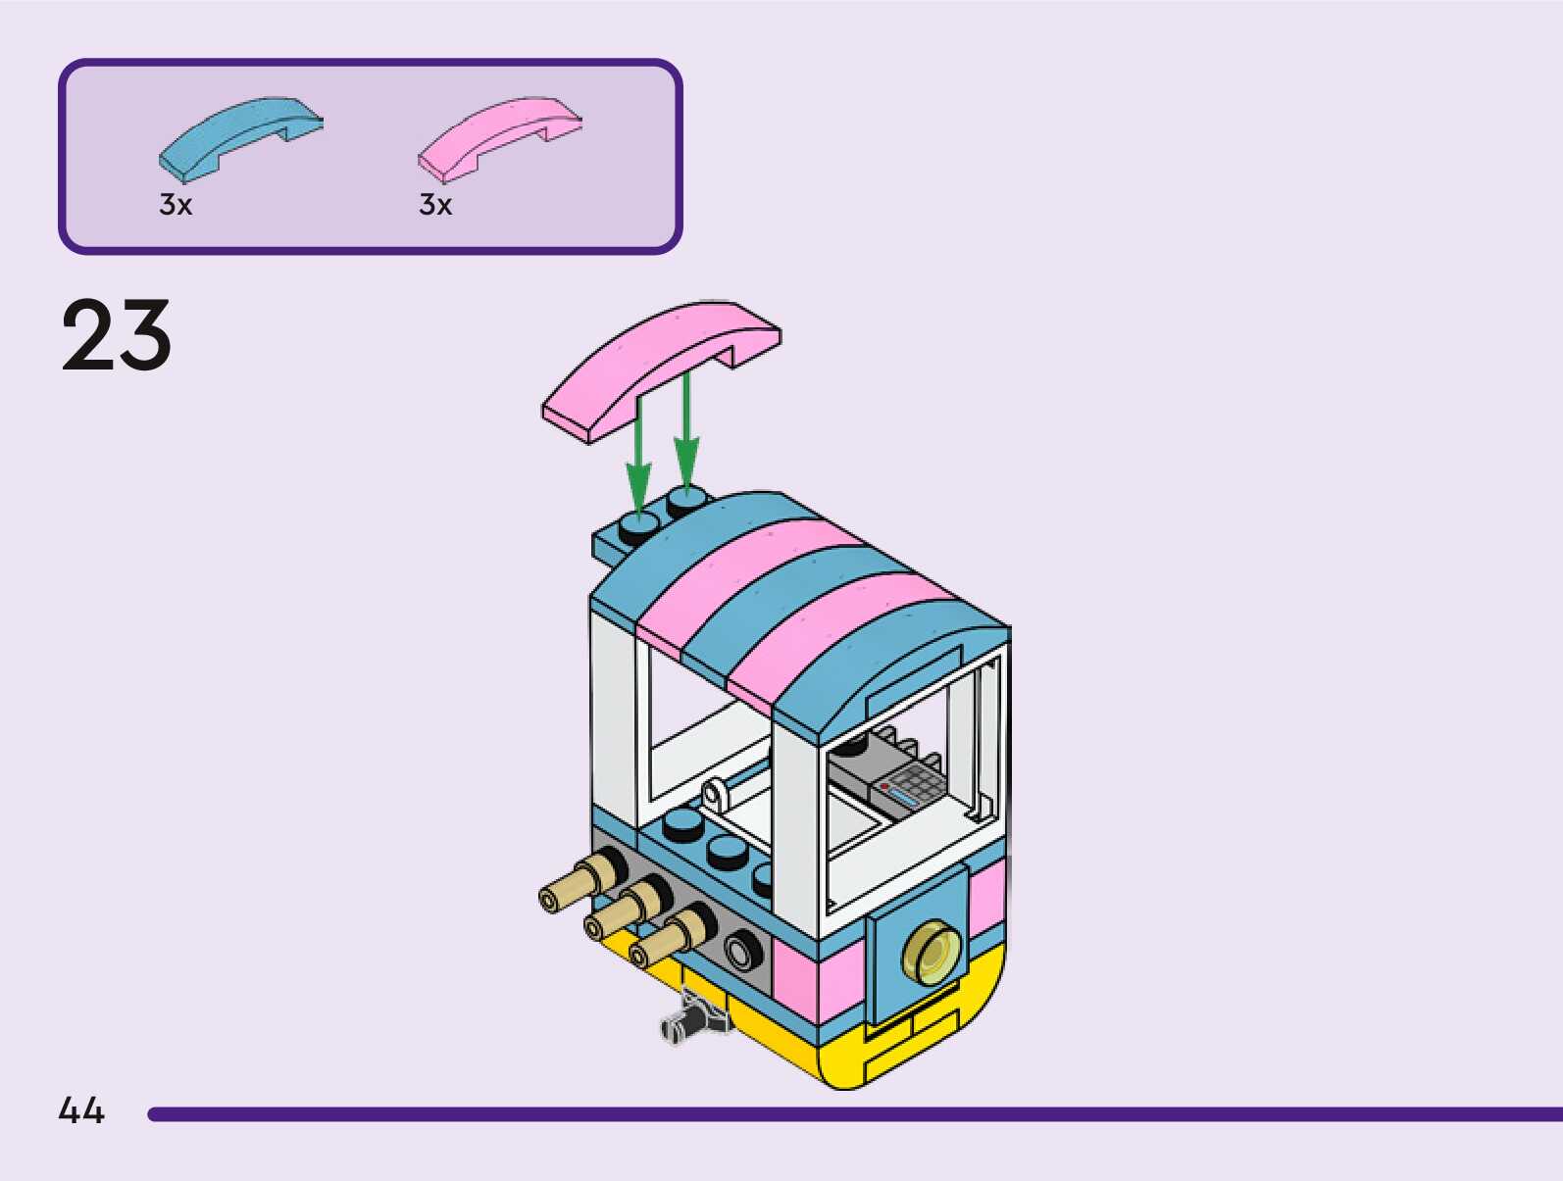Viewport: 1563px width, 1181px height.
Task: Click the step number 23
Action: [x=117, y=335]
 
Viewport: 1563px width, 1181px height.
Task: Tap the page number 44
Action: [x=81, y=1110]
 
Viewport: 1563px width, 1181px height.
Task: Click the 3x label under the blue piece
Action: [x=176, y=205]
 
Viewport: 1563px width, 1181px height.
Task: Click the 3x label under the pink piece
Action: [x=435, y=205]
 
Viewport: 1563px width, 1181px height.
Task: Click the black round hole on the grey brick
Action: [x=743, y=949]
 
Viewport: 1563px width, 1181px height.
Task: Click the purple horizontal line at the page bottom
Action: [x=853, y=1114]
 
